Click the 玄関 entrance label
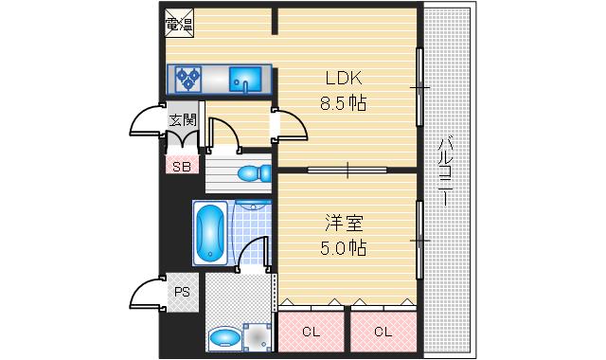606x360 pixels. tap(183, 120)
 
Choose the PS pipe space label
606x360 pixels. tap(182, 292)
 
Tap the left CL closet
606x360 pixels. tap(311, 332)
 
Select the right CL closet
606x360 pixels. tap(383, 332)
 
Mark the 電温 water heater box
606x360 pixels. tap(178, 23)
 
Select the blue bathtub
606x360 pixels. tap(209, 232)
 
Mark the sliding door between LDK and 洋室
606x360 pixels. tap(347, 170)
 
